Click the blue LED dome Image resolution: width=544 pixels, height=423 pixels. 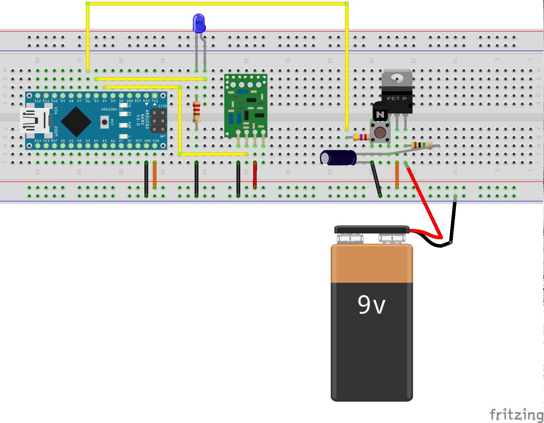[199, 23]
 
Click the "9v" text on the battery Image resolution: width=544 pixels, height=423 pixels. [371, 305]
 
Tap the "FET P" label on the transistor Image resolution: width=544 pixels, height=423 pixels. [396, 99]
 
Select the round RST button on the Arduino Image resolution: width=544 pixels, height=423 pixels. [104, 122]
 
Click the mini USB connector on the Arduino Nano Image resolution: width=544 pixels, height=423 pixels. [34, 120]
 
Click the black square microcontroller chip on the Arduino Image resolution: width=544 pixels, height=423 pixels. [76, 121]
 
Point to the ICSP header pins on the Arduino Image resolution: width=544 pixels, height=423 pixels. [158, 121]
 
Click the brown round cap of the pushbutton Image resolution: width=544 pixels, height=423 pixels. [380, 132]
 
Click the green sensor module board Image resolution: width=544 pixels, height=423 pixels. [245, 105]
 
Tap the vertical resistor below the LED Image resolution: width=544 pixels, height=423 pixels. [196, 112]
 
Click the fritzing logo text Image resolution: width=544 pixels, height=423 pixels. [516, 415]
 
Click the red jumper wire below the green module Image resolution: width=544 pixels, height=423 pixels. [255, 175]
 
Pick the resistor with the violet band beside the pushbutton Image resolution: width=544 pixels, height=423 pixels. [361, 137]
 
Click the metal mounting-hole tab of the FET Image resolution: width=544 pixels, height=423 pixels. [397, 77]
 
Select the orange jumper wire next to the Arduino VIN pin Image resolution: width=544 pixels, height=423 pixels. [155, 175]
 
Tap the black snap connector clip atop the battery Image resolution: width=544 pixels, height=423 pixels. [372, 230]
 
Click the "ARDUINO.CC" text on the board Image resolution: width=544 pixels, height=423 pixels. [112, 109]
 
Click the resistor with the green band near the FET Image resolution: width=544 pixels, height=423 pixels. [422, 145]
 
